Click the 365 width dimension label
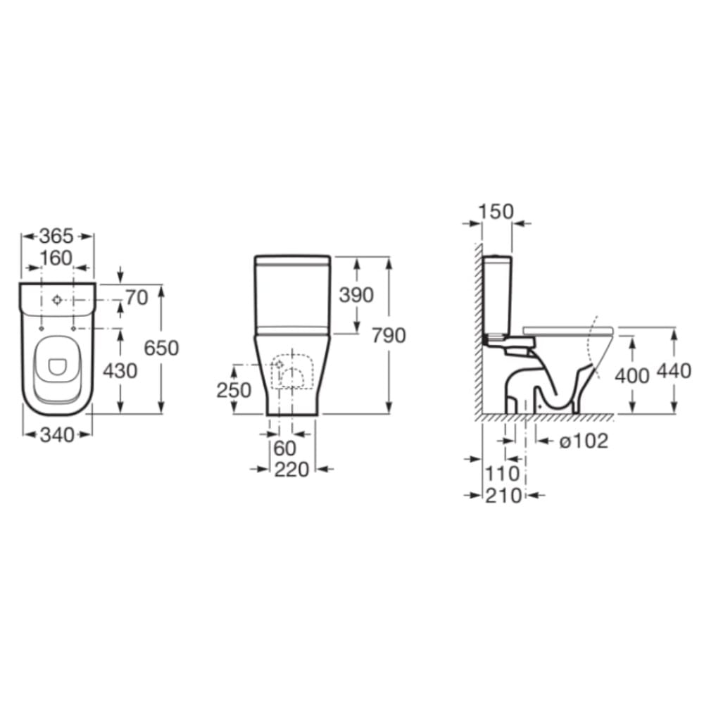click(x=56, y=236)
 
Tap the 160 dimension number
click(x=56, y=258)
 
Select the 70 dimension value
click(x=137, y=297)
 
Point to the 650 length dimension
click(x=161, y=348)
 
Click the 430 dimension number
click(x=120, y=371)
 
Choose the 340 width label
click(x=57, y=434)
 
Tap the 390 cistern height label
click(x=356, y=295)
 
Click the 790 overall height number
click(x=389, y=335)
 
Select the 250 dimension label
click(x=234, y=390)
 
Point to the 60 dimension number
click(x=285, y=448)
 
